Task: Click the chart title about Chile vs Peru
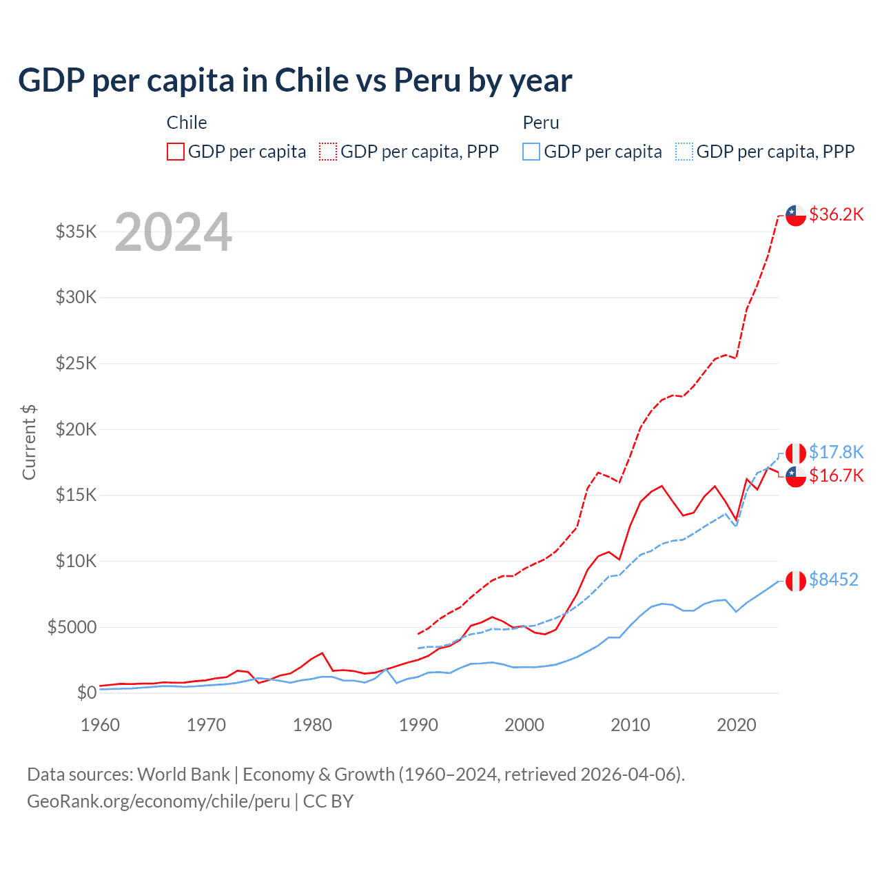(295, 81)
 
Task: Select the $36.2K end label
(836, 214)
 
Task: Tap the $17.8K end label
(836, 452)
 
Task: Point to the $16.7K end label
(836, 475)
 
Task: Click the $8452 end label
(833, 580)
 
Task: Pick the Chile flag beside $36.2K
(796, 215)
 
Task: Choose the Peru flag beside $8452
(796, 581)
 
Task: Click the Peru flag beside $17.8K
(796, 453)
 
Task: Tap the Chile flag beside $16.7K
(796, 476)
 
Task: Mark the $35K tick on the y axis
(76, 232)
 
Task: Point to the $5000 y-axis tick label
(72, 627)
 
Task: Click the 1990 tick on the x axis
(418, 725)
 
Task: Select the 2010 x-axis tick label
(630, 725)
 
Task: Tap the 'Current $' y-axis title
(29, 442)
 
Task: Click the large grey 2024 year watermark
(173, 232)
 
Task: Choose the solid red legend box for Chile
(176, 152)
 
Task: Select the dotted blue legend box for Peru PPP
(684, 152)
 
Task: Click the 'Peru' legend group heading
(541, 123)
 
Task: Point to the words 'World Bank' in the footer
(183, 775)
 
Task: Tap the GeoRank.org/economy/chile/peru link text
(158, 801)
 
